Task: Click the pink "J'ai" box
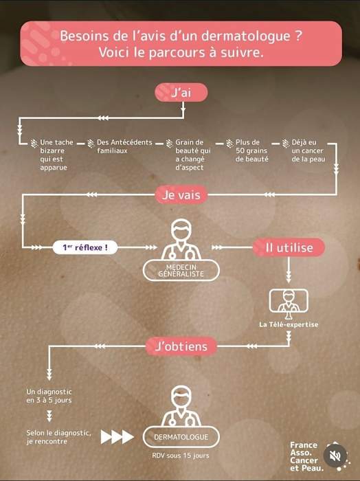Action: click(x=181, y=92)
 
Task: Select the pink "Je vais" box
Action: click(x=181, y=194)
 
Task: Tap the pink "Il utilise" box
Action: click(x=289, y=247)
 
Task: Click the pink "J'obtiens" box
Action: click(x=181, y=346)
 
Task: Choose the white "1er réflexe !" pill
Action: click(x=85, y=247)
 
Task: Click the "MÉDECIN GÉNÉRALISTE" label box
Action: click(x=181, y=271)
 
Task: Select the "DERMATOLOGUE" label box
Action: click(x=181, y=437)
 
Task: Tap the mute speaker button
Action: click(x=335, y=456)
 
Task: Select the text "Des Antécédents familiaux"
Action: click(x=124, y=146)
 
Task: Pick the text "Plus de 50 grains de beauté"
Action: click(x=251, y=150)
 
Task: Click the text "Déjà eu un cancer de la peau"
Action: click(x=308, y=150)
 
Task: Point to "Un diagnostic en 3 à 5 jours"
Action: click(x=49, y=396)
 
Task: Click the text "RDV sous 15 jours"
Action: click(x=180, y=456)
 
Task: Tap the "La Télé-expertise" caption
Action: click(x=289, y=324)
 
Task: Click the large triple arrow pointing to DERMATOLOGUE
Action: click(x=117, y=437)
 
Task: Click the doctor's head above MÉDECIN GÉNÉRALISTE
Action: click(x=181, y=230)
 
